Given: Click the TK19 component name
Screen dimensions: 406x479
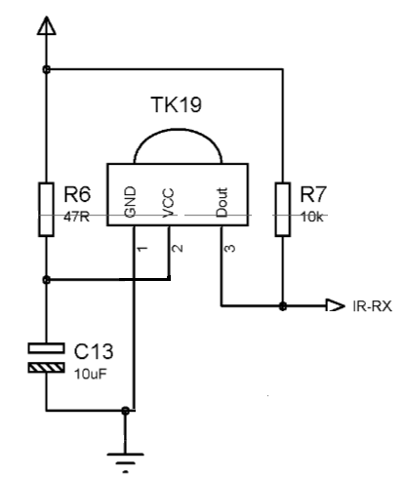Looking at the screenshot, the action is [x=177, y=104].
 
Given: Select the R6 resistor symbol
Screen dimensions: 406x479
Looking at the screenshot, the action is [x=46, y=210].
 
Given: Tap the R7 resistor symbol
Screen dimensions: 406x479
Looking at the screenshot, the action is [x=283, y=210].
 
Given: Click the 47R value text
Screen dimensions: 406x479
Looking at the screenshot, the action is [x=76, y=217].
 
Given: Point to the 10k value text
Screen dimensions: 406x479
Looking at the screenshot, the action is [x=312, y=217].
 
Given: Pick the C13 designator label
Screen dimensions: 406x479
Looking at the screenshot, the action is [x=94, y=351].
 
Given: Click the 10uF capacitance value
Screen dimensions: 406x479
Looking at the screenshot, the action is [x=91, y=375].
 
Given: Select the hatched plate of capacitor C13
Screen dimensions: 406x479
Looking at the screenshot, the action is [x=46, y=368].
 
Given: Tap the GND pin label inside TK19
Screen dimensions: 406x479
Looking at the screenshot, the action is [x=130, y=202].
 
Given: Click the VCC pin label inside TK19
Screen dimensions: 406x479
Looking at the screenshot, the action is [x=168, y=203].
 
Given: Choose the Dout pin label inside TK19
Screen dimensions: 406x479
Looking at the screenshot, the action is [x=222, y=202].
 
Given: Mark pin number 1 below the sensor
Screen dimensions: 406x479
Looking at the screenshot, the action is [x=142, y=249].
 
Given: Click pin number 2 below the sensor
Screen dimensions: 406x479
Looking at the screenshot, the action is [x=178, y=248].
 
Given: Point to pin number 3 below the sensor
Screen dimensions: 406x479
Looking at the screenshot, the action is [x=230, y=248].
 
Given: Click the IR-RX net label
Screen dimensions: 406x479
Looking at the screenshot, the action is [x=372, y=306].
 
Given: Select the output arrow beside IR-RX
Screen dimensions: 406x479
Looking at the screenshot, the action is [x=335, y=305].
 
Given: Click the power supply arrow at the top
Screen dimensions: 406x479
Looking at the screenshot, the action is [x=47, y=25].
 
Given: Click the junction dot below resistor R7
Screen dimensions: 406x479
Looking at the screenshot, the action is [x=283, y=306].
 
